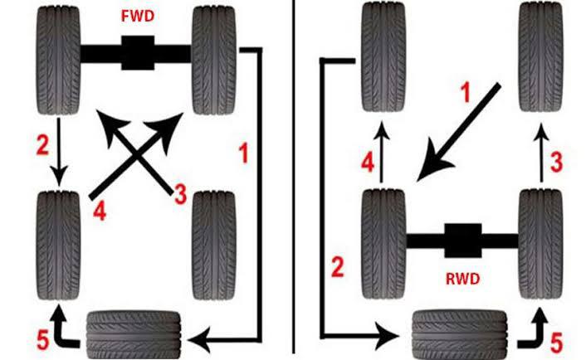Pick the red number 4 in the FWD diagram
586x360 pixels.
99,212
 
